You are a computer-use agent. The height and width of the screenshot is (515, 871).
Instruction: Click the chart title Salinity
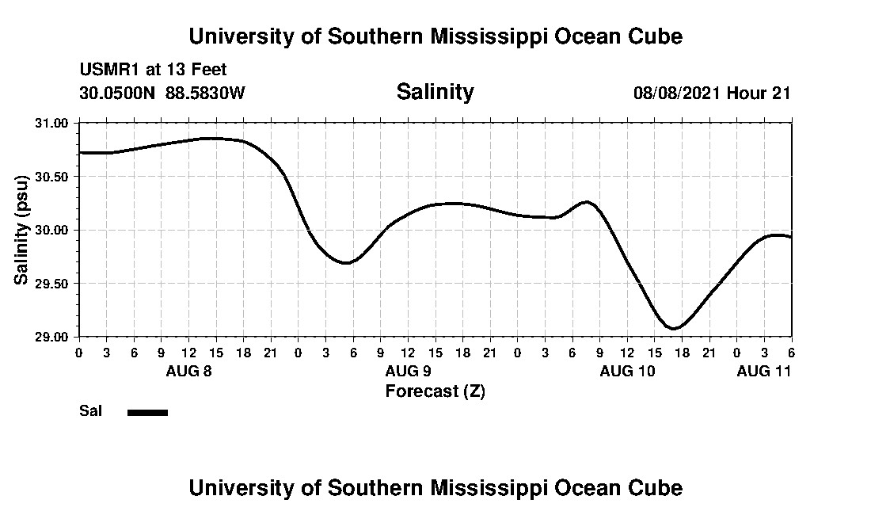click(x=435, y=92)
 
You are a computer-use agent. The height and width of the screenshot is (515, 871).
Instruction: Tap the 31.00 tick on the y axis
click(x=53, y=123)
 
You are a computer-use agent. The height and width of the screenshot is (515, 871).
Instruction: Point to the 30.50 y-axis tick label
click(x=53, y=177)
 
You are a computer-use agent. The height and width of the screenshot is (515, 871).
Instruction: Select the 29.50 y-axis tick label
click(x=53, y=284)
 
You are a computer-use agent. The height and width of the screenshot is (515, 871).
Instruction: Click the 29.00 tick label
click(x=53, y=337)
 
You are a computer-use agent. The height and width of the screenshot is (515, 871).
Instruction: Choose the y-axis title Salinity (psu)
click(x=21, y=231)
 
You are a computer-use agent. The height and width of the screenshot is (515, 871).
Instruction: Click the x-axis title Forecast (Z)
click(x=435, y=391)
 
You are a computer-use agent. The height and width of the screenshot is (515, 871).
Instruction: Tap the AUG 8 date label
click(x=188, y=371)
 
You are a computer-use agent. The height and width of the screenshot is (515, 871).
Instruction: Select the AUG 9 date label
click(x=408, y=371)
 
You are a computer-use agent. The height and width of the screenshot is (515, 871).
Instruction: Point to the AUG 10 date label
click(x=627, y=371)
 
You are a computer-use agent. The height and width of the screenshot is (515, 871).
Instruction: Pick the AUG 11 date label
click(x=764, y=371)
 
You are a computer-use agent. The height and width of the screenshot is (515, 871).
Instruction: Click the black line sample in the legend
click(x=147, y=412)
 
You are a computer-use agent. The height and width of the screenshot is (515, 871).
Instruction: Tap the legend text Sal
click(x=89, y=411)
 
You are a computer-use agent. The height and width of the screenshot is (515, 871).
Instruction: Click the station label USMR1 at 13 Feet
click(x=153, y=71)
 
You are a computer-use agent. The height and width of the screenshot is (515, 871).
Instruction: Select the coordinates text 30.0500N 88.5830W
click(x=162, y=93)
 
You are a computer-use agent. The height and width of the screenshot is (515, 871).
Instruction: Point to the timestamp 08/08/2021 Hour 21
click(x=712, y=93)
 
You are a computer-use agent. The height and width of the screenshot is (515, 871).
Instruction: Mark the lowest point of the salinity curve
click(x=673, y=327)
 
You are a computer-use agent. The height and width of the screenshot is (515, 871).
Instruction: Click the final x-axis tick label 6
click(x=791, y=353)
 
